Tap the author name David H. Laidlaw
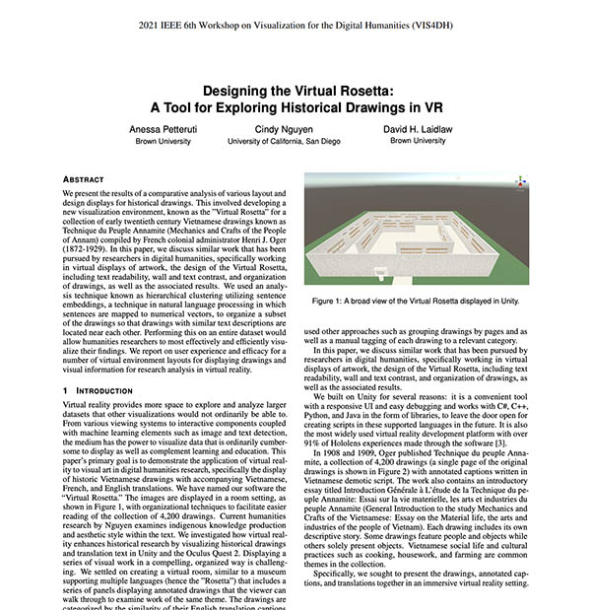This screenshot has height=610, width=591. [417, 129]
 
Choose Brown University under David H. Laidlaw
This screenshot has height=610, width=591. [417, 141]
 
